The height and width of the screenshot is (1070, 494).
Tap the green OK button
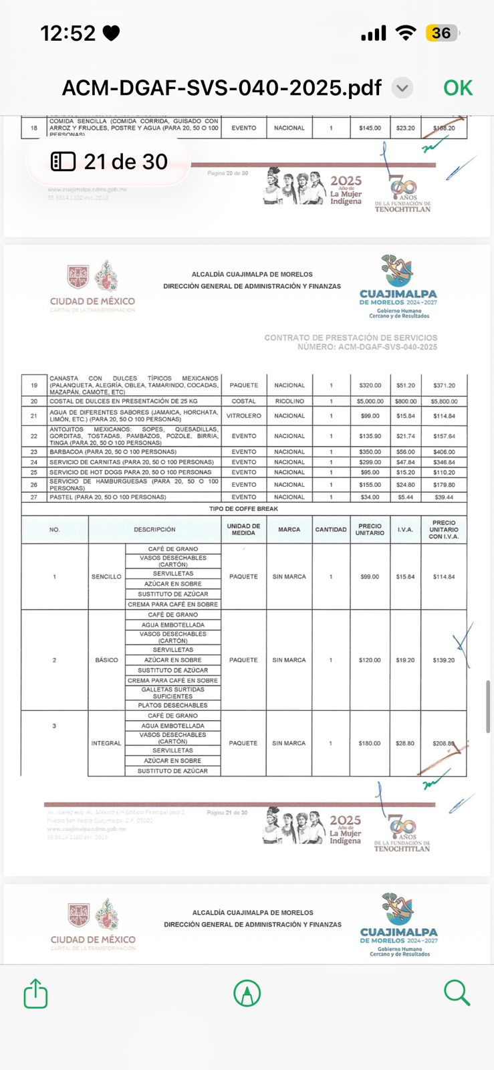tap(458, 88)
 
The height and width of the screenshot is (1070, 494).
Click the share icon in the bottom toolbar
tap(35, 993)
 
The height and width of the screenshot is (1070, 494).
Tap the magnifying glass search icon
tap(457, 993)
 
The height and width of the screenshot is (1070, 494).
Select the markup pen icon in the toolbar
tap(247, 993)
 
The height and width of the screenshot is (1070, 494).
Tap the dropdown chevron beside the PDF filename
tap(402, 88)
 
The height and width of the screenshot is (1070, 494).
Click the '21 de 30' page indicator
tap(110, 162)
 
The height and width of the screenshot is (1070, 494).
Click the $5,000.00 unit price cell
tap(370, 401)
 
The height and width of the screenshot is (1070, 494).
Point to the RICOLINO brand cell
tap(289, 401)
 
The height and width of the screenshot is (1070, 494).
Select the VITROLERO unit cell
tap(243, 416)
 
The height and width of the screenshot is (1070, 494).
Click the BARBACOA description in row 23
tap(113, 452)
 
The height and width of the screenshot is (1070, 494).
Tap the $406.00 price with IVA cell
tap(444, 452)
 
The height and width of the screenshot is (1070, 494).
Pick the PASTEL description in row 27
tap(108, 497)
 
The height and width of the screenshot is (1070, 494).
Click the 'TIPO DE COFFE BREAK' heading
tap(243, 509)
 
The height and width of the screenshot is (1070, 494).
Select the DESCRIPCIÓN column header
tap(154, 530)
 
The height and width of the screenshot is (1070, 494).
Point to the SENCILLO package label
tap(106, 576)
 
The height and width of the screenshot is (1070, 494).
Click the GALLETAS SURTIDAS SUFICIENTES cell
tap(173, 693)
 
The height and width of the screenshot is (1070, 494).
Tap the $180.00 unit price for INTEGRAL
tap(369, 743)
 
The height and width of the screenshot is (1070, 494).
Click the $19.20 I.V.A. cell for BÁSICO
tap(405, 660)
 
